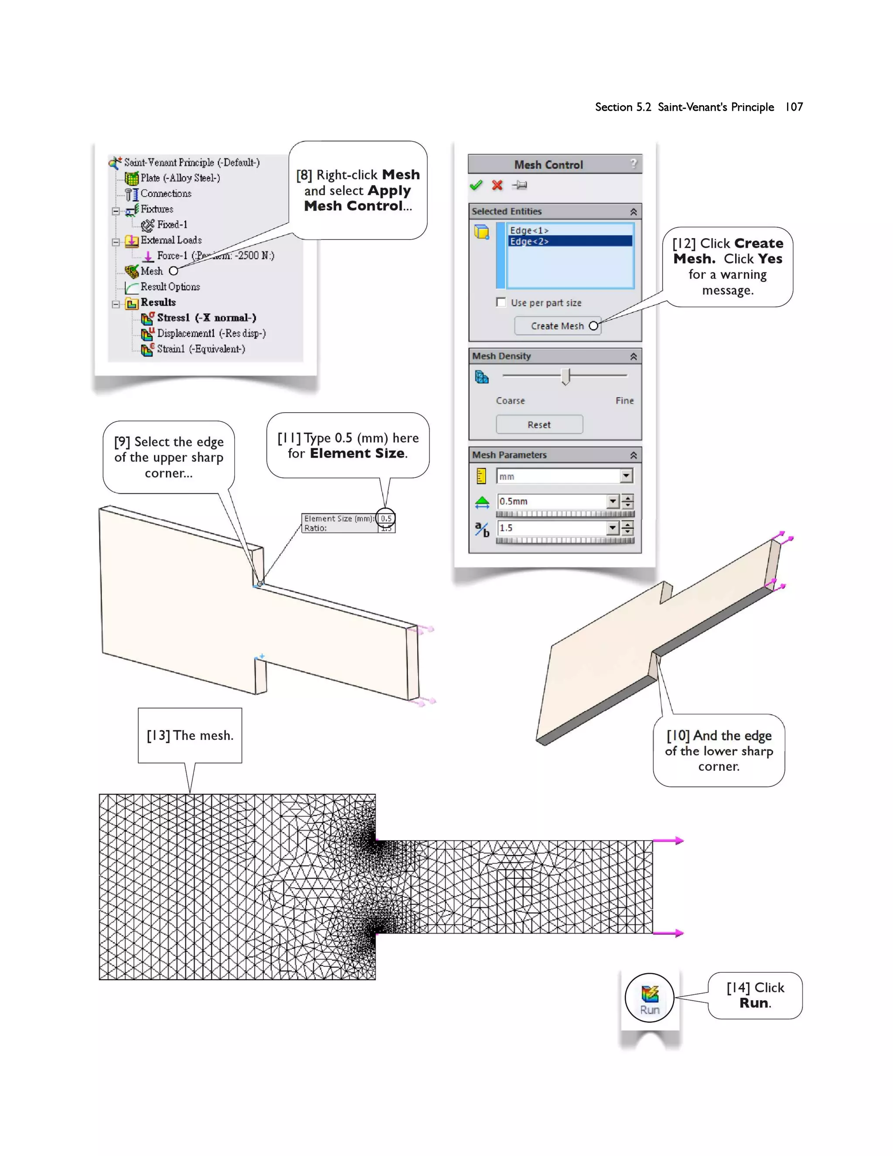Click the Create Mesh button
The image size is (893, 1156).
pos(557,326)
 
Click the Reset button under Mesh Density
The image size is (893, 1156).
pos(539,424)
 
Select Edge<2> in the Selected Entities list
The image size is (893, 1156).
pos(529,241)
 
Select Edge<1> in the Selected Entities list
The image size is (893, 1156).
pos(529,230)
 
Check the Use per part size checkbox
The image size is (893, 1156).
pos(501,302)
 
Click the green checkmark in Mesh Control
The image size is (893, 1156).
pos(476,185)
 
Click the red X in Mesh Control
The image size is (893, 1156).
pos(497,185)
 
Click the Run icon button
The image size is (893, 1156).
pos(650,997)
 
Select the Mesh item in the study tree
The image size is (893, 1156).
pos(151,271)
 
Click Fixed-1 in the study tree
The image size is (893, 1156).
pos(171,224)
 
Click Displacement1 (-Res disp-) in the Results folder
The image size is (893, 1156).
pos(211,333)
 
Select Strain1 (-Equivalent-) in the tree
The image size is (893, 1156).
pos(201,349)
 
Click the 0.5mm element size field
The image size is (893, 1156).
pos(551,501)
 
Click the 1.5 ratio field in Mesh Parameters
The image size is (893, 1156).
pos(551,528)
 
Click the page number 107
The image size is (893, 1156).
pos(794,107)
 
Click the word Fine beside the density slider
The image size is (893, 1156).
pos(624,401)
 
